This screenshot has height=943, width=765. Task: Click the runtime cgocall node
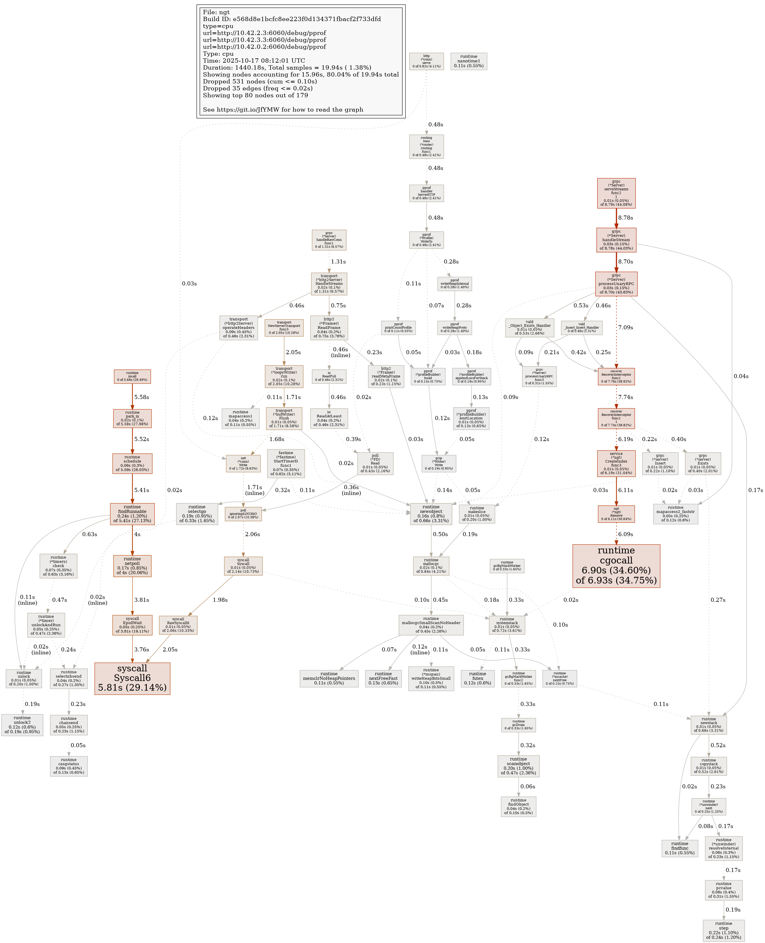(x=616, y=566)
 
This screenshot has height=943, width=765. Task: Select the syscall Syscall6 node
(x=132, y=678)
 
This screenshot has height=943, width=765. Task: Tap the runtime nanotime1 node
(x=468, y=61)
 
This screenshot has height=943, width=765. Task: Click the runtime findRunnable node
(x=132, y=514)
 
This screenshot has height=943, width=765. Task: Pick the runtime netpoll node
(x=132, y=566)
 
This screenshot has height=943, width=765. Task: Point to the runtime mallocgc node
(x=431, y=566)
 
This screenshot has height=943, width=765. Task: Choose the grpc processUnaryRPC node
(x=616, y=284)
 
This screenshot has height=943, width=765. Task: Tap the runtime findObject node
(x=518, y=806)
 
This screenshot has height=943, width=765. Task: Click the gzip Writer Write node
(x=438, y=463)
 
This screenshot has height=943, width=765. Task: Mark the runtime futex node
(x=478, y=678)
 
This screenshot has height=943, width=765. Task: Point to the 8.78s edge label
(x=625, y=218)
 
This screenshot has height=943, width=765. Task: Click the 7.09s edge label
(x=625, y=328)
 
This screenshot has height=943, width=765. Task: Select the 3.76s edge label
(x=142, y=650)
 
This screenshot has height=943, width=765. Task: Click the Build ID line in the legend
(x=292, y=19)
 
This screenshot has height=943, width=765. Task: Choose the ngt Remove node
(x=616, y=514)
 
